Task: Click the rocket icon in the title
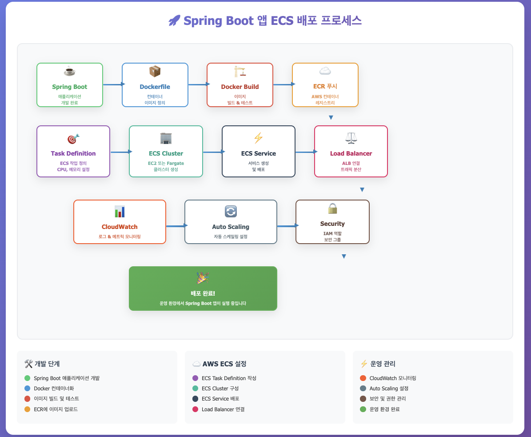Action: coord(174,20)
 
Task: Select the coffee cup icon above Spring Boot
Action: coord(69,71)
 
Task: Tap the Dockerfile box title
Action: coord(155,87)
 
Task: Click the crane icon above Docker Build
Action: coord(240,71)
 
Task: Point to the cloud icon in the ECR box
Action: coord(325,71)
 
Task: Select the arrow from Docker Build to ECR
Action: coord(283,84)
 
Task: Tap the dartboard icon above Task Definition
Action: coord(73,139)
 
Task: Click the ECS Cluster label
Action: coord(166,153)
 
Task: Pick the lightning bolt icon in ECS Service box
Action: coord(258,138)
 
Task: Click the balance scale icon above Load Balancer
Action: coord(351,138)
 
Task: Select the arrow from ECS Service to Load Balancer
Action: coord(305,152)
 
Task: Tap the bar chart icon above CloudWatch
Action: coord(120,212)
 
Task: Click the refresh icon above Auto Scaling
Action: coord(231,211)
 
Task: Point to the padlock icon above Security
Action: coord(332,208)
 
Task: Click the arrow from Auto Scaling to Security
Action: coord(287,226)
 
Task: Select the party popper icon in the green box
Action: coord(203,278)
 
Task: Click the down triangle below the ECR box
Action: coord(331,118)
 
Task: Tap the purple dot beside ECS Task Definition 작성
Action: coord(195,378)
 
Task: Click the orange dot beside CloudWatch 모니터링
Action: coord(363,378)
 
